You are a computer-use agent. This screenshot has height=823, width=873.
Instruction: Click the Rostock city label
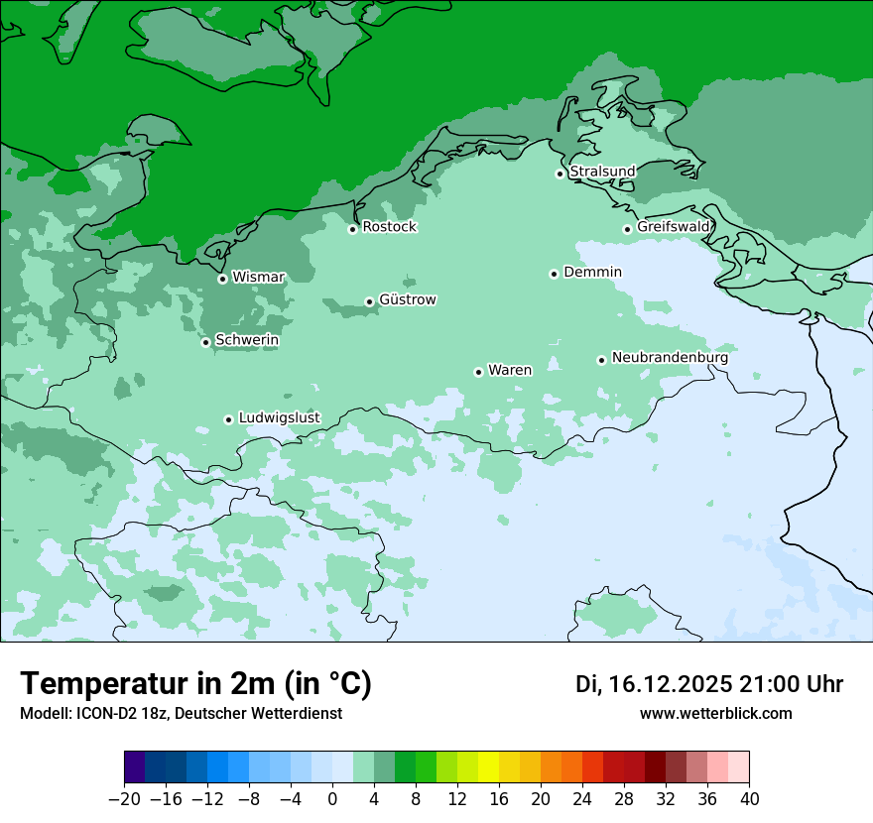pyautogui.click(x=389, y=227)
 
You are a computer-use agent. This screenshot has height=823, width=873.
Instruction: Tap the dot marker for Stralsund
pyautogui.click(x=560, y=174)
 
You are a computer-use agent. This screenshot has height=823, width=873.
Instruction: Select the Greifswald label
pyautogui.click(x=673, y=227)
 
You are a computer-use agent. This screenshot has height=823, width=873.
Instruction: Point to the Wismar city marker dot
pyautogui.click(x=222, y=279)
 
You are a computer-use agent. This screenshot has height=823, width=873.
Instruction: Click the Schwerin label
pyautogui.click(x=247, y=340)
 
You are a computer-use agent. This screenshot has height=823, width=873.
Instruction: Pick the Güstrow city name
pyautogui.click(x=407, y=299)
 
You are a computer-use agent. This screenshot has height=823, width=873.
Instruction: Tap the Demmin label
pyautogui.click(x=592, y=272)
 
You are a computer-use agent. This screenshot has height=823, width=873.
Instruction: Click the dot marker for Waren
pyautogui.click(x=478, y=372)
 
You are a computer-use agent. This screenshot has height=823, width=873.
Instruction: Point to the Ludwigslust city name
pyautogui.click(x=279, y=417)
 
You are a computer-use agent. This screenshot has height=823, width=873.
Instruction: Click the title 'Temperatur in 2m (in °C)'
pyautogui.click(x=195, y=683)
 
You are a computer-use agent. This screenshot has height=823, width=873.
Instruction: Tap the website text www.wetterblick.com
pyautogui.click(x=715, y=713)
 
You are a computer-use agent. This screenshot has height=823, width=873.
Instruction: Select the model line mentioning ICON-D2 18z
pyautogui.click(x=181, y=713)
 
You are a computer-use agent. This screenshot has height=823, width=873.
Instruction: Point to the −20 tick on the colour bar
pyautogui.click(x=124, y=799)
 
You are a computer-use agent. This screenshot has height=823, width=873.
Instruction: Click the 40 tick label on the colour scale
pyautogui.click(x=749, y=799)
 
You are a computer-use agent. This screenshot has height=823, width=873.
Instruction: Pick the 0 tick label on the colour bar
pyautogui.click(x=332, y=799)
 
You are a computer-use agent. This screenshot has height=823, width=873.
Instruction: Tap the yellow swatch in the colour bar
pyautogui.click(x=488, y=767)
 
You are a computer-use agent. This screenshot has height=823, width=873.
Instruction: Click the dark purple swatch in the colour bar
pyautogui.click(x=135, y=767)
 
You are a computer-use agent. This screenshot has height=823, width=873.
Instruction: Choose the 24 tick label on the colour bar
pyautogui.click(x=582, y=799)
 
